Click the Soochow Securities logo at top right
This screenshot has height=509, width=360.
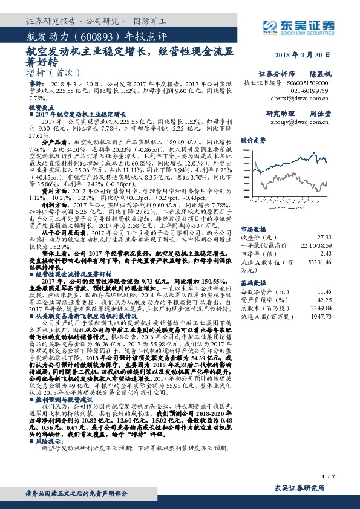click(x=300, y=26)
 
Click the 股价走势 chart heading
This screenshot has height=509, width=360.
click(x=254, y=140)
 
